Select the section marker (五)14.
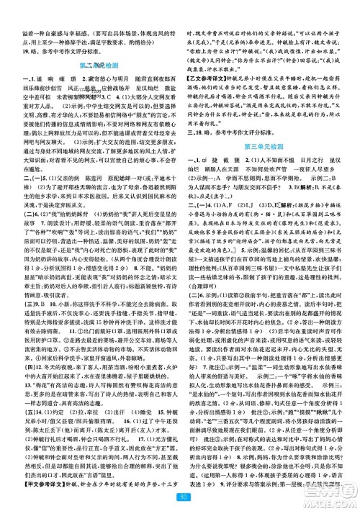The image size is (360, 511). tap(21, 422)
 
